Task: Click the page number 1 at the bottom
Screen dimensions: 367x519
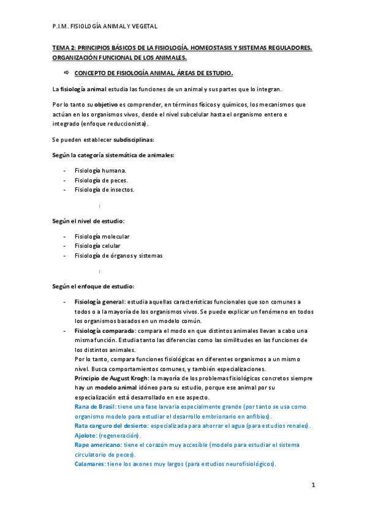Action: coord(313,485)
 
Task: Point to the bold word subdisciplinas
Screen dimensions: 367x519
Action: coord(134,140)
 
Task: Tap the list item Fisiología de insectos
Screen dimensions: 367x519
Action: coord(104,190)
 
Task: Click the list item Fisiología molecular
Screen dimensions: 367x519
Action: coord(102,236)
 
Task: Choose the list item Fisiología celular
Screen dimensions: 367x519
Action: coord(97,246)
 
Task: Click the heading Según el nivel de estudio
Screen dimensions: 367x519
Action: coord(88,220)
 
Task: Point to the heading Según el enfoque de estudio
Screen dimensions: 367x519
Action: coord(93,286)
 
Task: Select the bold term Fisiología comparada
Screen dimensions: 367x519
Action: coord(104,330)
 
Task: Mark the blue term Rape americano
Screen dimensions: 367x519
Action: coord(97,444)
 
